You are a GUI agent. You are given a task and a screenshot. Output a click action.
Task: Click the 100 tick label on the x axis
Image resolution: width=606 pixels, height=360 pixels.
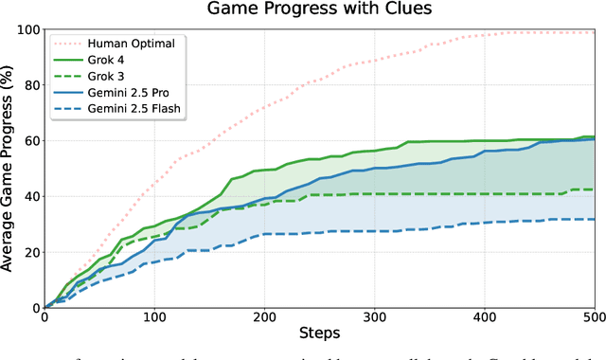(155, 319)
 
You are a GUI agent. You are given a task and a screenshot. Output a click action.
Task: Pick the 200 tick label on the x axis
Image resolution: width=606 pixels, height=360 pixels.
(265, 319)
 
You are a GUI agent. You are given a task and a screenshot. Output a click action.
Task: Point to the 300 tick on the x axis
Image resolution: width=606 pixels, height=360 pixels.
(375, 319)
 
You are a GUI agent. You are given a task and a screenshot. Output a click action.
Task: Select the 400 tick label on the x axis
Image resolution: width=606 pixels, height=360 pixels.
(485, 319)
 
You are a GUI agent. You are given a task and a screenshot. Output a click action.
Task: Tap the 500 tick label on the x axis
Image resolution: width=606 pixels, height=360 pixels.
(594, 319)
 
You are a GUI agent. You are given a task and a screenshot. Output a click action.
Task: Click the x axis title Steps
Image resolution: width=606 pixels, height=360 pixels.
(320, 334)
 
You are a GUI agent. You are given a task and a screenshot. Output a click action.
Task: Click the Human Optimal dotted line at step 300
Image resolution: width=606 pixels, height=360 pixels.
(375, 61)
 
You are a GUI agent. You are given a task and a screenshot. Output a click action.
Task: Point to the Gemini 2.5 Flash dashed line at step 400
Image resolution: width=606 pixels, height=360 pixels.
(485, 223)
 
